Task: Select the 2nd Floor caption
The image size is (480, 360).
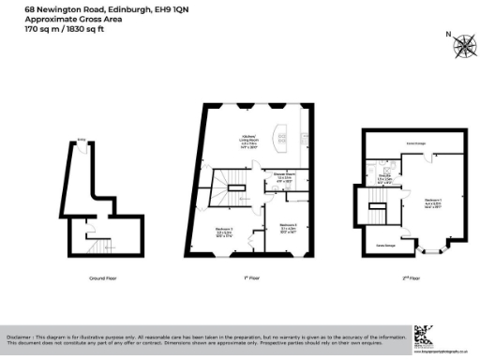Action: tap(412, 279)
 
